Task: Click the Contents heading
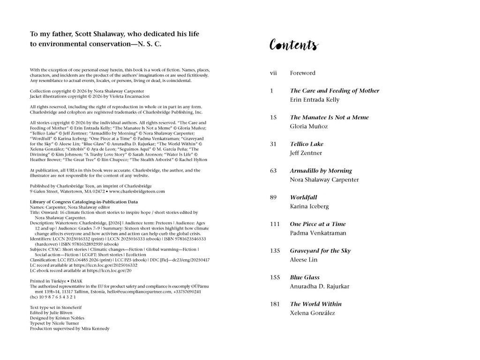point(294,45)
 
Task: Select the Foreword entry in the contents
point(302,73)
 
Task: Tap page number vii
point(273,73)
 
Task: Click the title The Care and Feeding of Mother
point(335,91)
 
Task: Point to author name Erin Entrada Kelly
point(315,100)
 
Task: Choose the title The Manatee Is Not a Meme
point(329,118)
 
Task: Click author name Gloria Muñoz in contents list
point(309,127)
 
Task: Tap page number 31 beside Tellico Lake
point(273,144)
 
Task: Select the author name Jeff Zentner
point(306,153)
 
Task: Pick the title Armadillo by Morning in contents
point(321,171)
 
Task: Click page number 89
point(273,198)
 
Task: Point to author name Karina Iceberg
point(309,207)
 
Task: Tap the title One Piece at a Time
point(318,225)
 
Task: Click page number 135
point(275,251)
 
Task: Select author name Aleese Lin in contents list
point(304,260)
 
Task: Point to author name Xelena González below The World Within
point(313,314)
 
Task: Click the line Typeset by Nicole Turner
point(54,323)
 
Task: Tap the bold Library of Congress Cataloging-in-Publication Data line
point(84,202)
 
